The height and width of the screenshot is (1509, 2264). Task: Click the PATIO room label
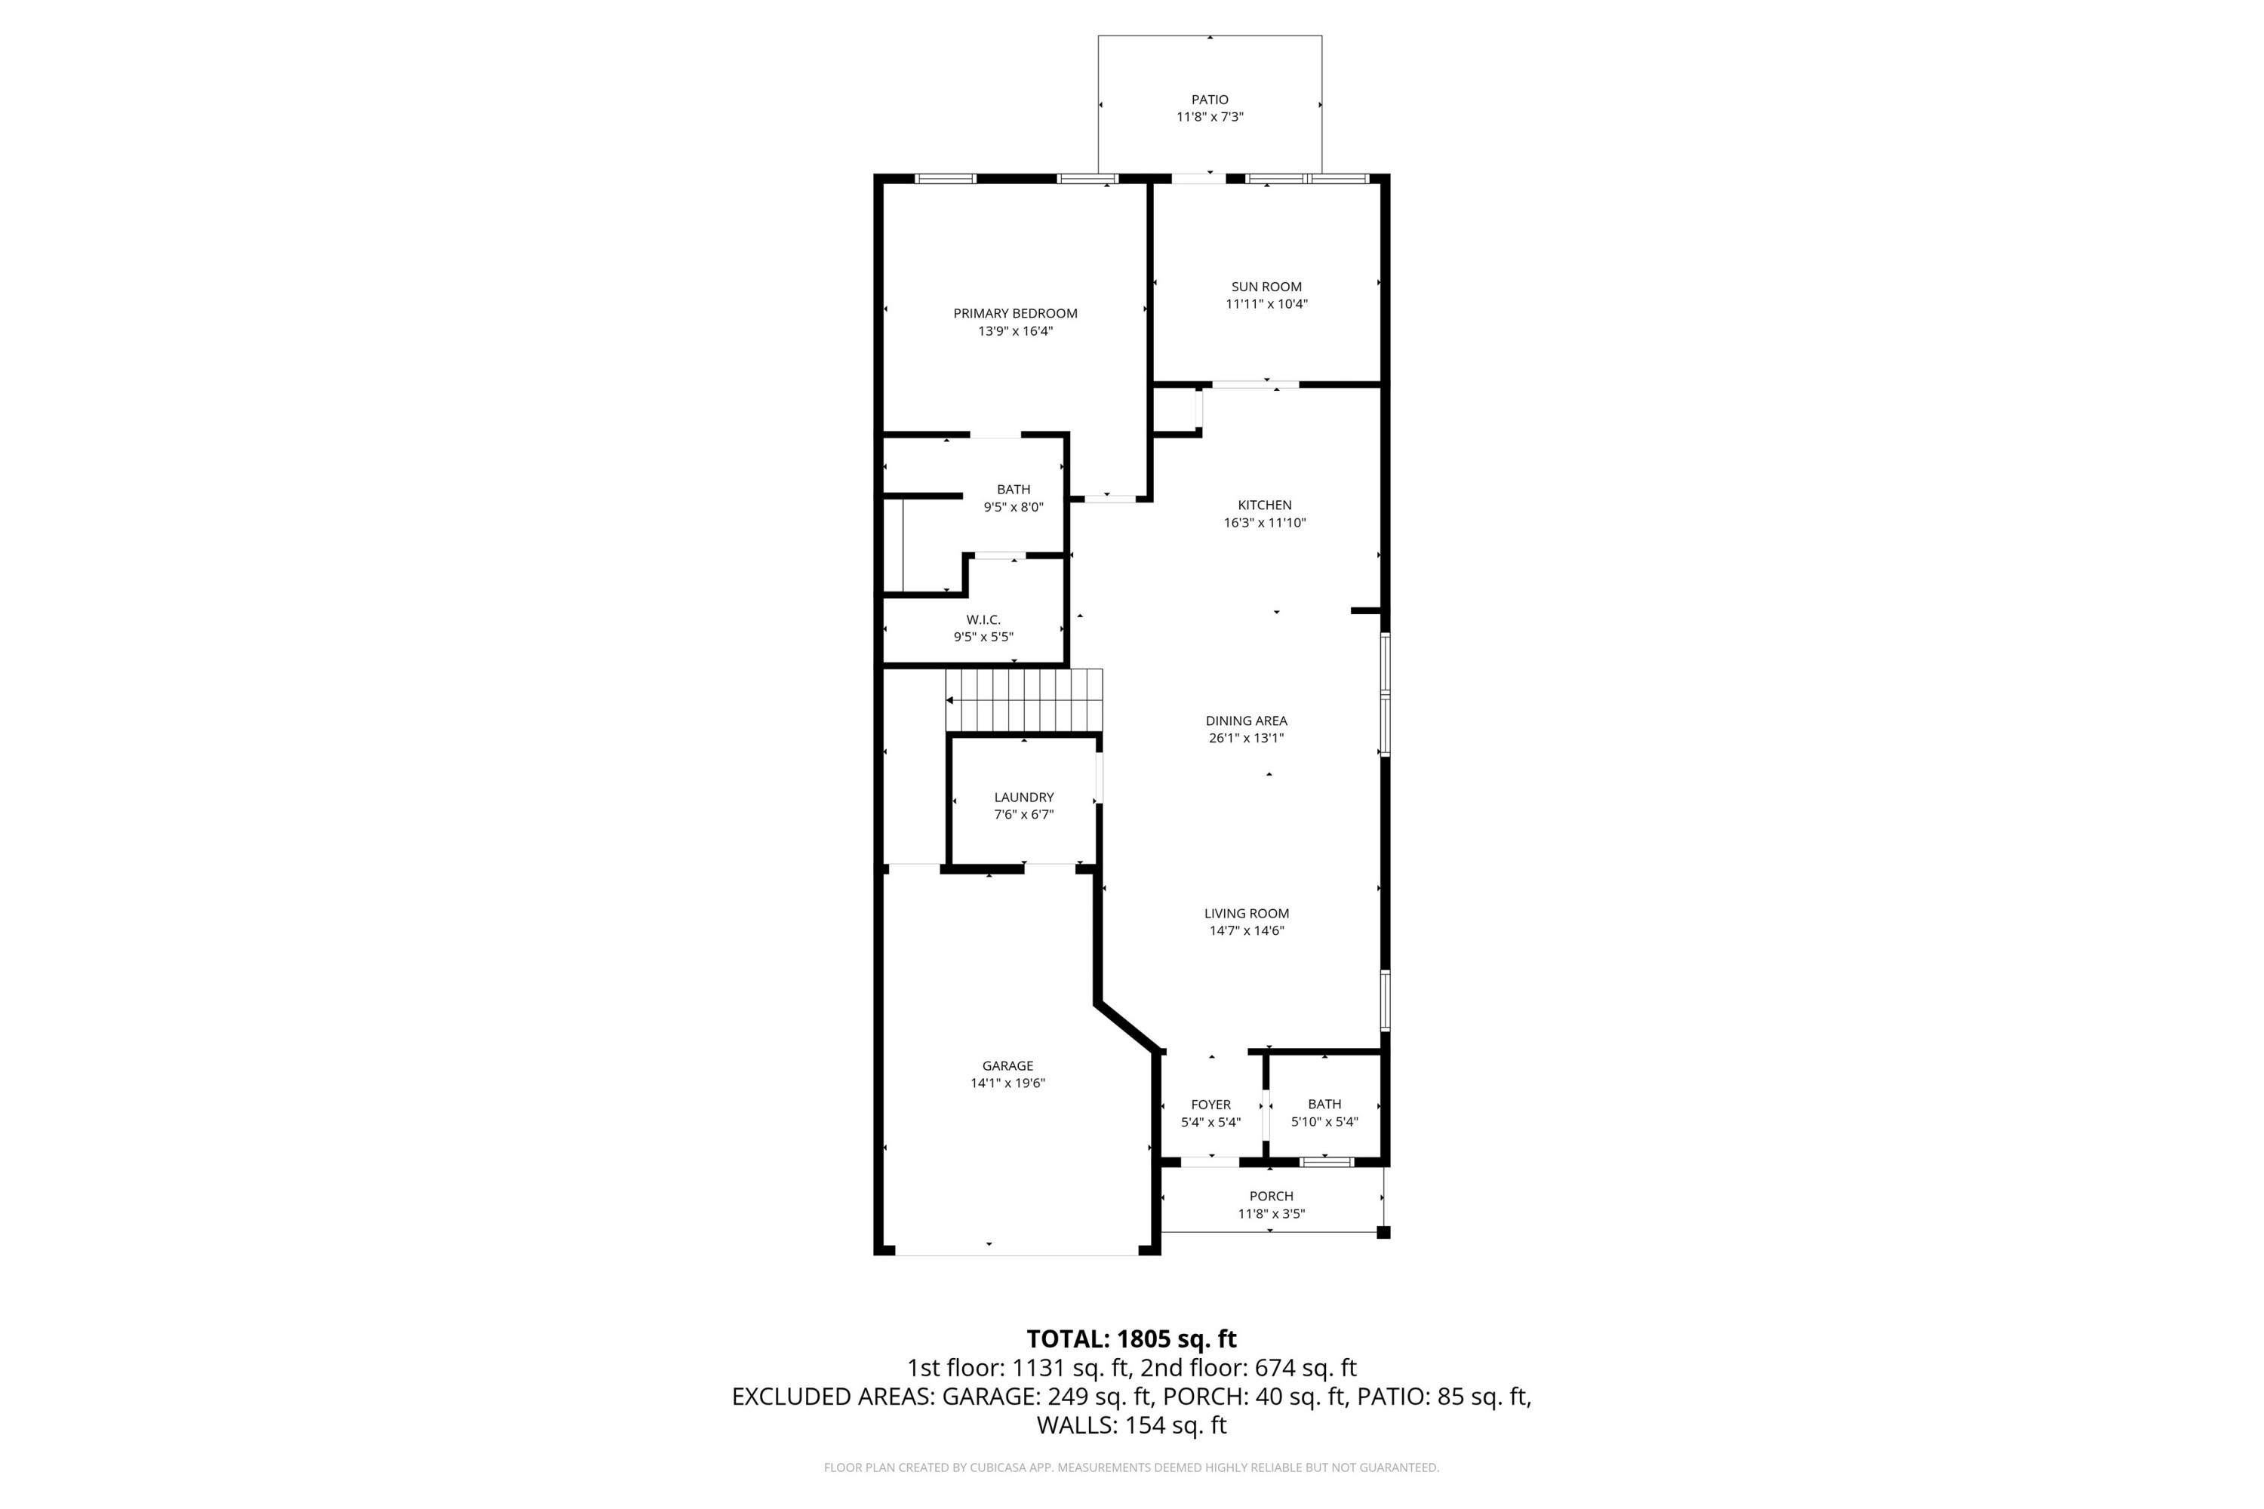pyautogui.click(x=1209, y=99)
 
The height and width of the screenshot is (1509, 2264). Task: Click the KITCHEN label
pyautogui.click(x=1264, y=506)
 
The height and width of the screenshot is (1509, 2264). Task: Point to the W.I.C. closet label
pyautogui.click(x=983, y=619)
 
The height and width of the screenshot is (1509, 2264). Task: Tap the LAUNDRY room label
pyautogui.click(x=1023, y=797)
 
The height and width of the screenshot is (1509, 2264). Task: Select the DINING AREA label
pyautogui.click(x=1246, y=721)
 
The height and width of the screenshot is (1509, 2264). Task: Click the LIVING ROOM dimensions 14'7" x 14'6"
pyautogui.click(x=1246, y=930)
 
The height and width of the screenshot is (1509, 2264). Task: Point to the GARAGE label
pyautogui.click(x=1007, y=1065)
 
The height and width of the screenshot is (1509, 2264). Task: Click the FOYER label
pyautogui.click(x=1210, y=1105)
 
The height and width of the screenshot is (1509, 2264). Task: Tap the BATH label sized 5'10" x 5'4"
pyautogui.click(x=1324, y=1104)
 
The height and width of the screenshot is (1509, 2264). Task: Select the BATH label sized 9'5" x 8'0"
pyautogui.click(x=1013, y=490)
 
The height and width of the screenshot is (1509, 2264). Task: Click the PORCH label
pyautogui.click(x=1271, y=1196)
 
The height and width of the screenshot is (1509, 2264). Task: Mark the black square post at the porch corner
pyautogui.click(x=1383, y=1232)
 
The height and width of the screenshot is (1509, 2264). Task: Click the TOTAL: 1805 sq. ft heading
pyautogui.click(x=1131, y=1338)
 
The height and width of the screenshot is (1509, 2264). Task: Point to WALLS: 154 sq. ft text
pyautogui.click(x=1131, y=1425)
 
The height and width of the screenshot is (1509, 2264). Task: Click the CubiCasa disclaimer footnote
pyautogui.click(x=1131, y=1468)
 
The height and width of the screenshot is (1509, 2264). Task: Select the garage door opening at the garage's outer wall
pyautogui.click(x=1017, y=1254)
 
